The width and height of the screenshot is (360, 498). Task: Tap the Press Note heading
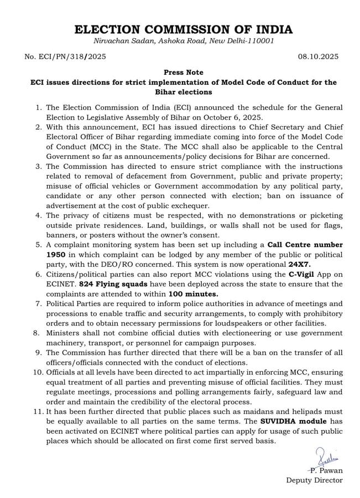[x=184, y=72]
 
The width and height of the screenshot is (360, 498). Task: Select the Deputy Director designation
[x=314, y=480]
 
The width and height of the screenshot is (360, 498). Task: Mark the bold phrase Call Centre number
[x=305, y=244]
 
